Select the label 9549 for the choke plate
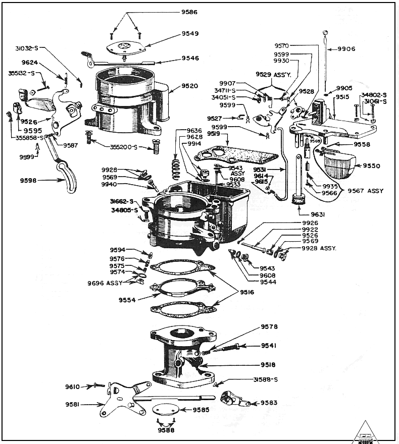(x=190, y=34)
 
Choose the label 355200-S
(x=124, y=147)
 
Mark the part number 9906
(x=346, y=49)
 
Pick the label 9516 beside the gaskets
(x=247, y=292)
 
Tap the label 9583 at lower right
(x=269, y=403)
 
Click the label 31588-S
(x=266, y=379)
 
